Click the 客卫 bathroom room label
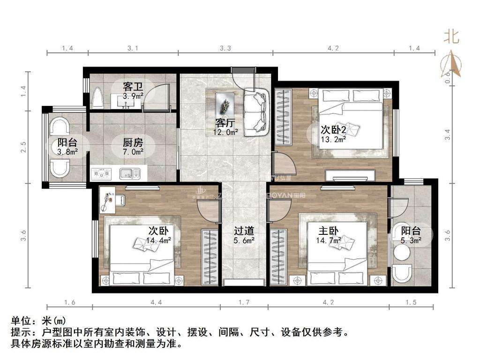click(133, 87)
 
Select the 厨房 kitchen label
click(133, 142)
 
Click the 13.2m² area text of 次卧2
click(333, 139)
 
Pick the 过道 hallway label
click(244, 231)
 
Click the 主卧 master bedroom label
click(329, 231)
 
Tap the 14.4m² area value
click(158, 240)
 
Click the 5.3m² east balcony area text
click(411, 240)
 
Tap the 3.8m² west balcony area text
click(67, 152)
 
